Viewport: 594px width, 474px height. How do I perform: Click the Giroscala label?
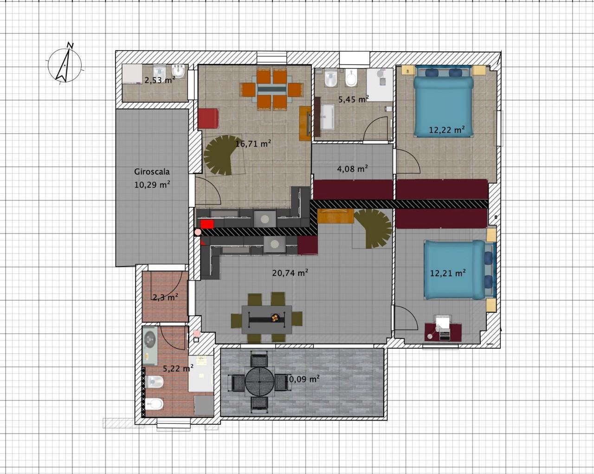152,172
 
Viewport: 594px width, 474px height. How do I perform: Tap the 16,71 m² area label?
253,143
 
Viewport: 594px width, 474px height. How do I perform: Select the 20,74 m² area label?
290,273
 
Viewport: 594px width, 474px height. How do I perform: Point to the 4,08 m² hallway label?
353,169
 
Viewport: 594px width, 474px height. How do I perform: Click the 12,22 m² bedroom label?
446,130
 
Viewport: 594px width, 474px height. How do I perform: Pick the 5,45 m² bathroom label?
354,99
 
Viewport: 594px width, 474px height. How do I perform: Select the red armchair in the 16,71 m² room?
208,118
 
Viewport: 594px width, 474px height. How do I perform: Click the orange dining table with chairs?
271,90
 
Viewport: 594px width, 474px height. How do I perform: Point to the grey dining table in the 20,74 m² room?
267,319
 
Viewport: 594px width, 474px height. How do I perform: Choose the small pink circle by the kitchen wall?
198,232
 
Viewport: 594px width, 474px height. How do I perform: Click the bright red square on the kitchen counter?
207,224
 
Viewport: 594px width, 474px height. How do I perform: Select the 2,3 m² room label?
165,298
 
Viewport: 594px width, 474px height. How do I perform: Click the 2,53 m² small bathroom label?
160,80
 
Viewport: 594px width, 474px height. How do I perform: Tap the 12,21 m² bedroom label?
448,273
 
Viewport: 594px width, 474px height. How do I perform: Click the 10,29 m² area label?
152,184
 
